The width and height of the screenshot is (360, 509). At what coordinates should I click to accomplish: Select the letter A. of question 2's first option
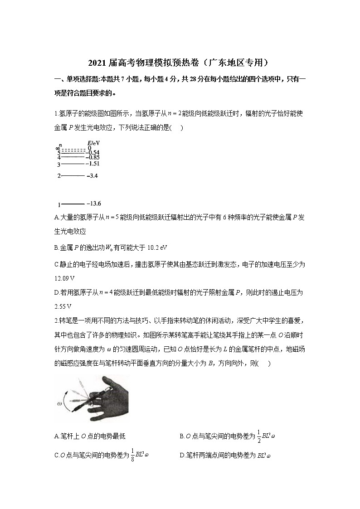coord(57,436)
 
